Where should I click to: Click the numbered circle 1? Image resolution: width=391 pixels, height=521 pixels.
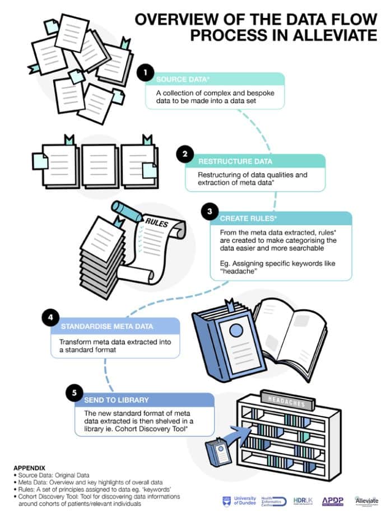pos(145,73)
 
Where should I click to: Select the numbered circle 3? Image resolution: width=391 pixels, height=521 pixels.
pos(209,212)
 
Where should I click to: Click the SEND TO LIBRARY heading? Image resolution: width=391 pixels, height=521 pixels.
pos(117,401)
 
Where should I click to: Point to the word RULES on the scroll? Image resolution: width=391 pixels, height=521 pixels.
pos(157,222)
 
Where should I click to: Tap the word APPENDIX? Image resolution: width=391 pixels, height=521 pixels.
pos(30,466)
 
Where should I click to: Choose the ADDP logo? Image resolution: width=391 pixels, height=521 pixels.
pos(333,500)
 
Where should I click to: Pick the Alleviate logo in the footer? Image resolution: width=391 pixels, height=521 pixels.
pos(366,500)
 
